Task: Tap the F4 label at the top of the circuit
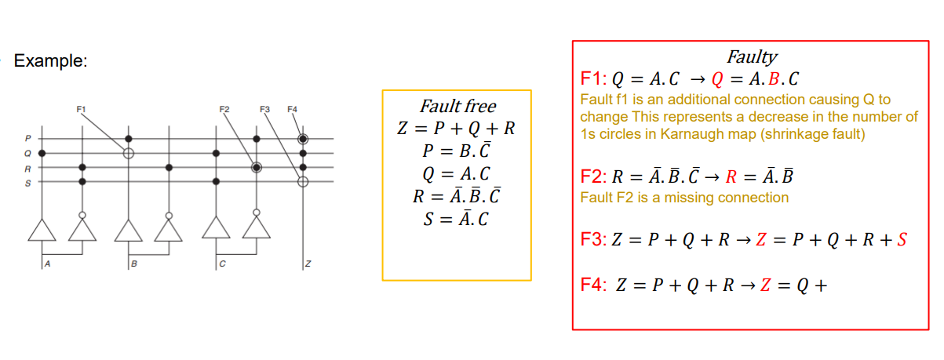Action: click(292, 107)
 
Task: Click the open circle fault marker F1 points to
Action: click(128, 152)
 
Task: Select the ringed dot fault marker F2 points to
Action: click(256, 167)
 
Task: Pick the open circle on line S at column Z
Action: click(303, 181)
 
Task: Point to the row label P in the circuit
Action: click(28, 139)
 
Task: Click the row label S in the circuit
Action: click(28, 182)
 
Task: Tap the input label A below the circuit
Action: click(47, 264)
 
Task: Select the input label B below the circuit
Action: click(133, 264)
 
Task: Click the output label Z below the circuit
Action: click(308, 264)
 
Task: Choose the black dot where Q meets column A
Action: click(42, 152)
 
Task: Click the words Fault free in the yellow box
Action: click(457, 106)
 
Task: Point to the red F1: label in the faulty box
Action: click(595, 79)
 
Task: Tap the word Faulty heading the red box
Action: click(752, 56)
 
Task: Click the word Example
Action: click(50, 60)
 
